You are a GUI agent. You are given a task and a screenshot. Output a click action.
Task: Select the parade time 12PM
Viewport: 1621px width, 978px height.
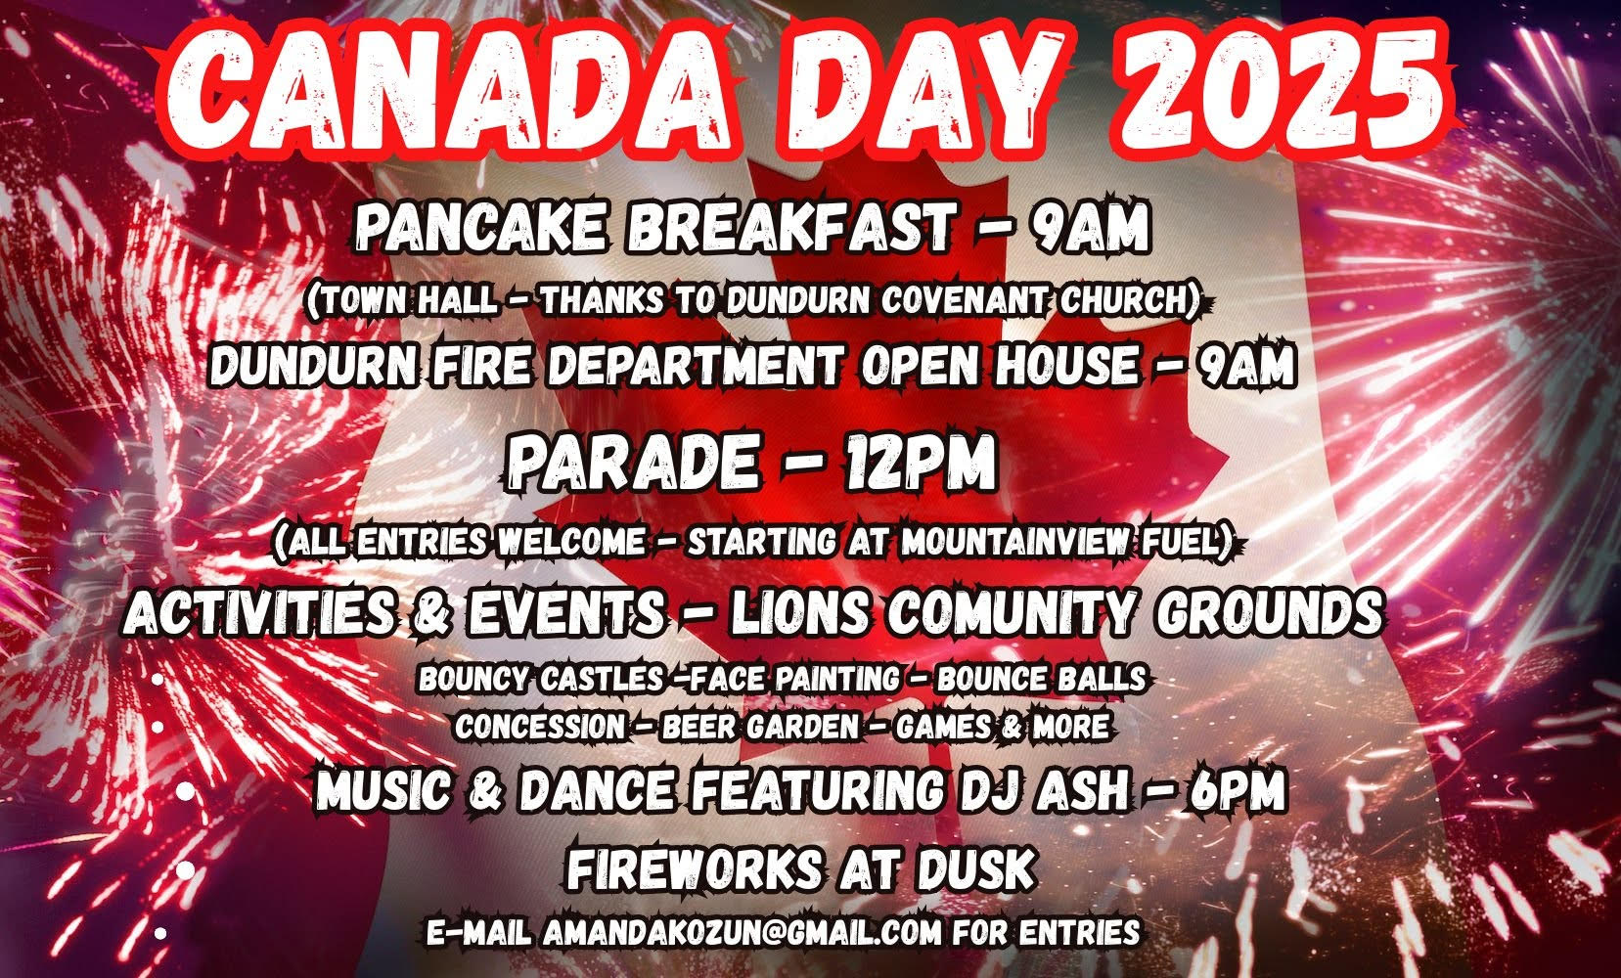click(919, 462)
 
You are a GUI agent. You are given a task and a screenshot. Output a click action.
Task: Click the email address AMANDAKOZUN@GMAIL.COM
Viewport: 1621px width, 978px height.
click(742, 932)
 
